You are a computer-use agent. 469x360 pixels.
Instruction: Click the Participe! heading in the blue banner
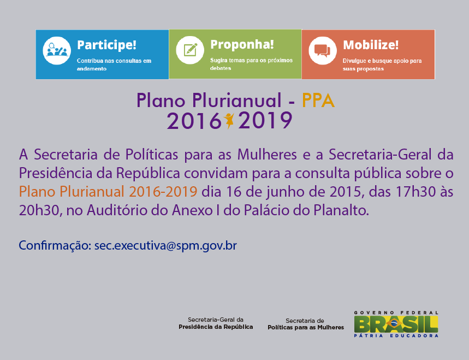coord(106,45)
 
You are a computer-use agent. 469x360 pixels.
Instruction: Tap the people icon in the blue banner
coord(57,51)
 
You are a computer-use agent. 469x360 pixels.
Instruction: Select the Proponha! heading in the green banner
coord(242,45)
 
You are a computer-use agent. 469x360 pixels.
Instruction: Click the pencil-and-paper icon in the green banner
coord(190,50)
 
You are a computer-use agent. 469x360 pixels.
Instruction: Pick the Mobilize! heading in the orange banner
coord(371,45)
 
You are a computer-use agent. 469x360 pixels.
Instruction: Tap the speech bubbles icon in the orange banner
coord(323,51)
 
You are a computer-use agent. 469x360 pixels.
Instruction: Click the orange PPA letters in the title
coord(318,101)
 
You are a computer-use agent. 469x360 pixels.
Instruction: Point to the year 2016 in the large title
coord(194,121)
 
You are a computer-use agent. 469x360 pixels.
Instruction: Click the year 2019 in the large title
coord(265,121)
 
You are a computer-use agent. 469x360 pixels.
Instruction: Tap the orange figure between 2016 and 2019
coord(229,121)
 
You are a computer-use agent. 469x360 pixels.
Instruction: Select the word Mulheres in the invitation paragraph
coord(267,155)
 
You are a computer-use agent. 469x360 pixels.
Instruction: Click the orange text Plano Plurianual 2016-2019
coord(108,192)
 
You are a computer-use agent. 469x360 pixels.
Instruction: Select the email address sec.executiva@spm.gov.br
coord(165,246)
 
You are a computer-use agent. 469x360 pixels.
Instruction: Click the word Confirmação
coord(55,246)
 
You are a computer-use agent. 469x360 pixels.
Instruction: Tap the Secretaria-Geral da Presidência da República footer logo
coord(216,323)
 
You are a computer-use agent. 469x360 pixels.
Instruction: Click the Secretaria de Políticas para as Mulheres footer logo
coord(306,324)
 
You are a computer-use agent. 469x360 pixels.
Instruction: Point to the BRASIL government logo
coord(396,324)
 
